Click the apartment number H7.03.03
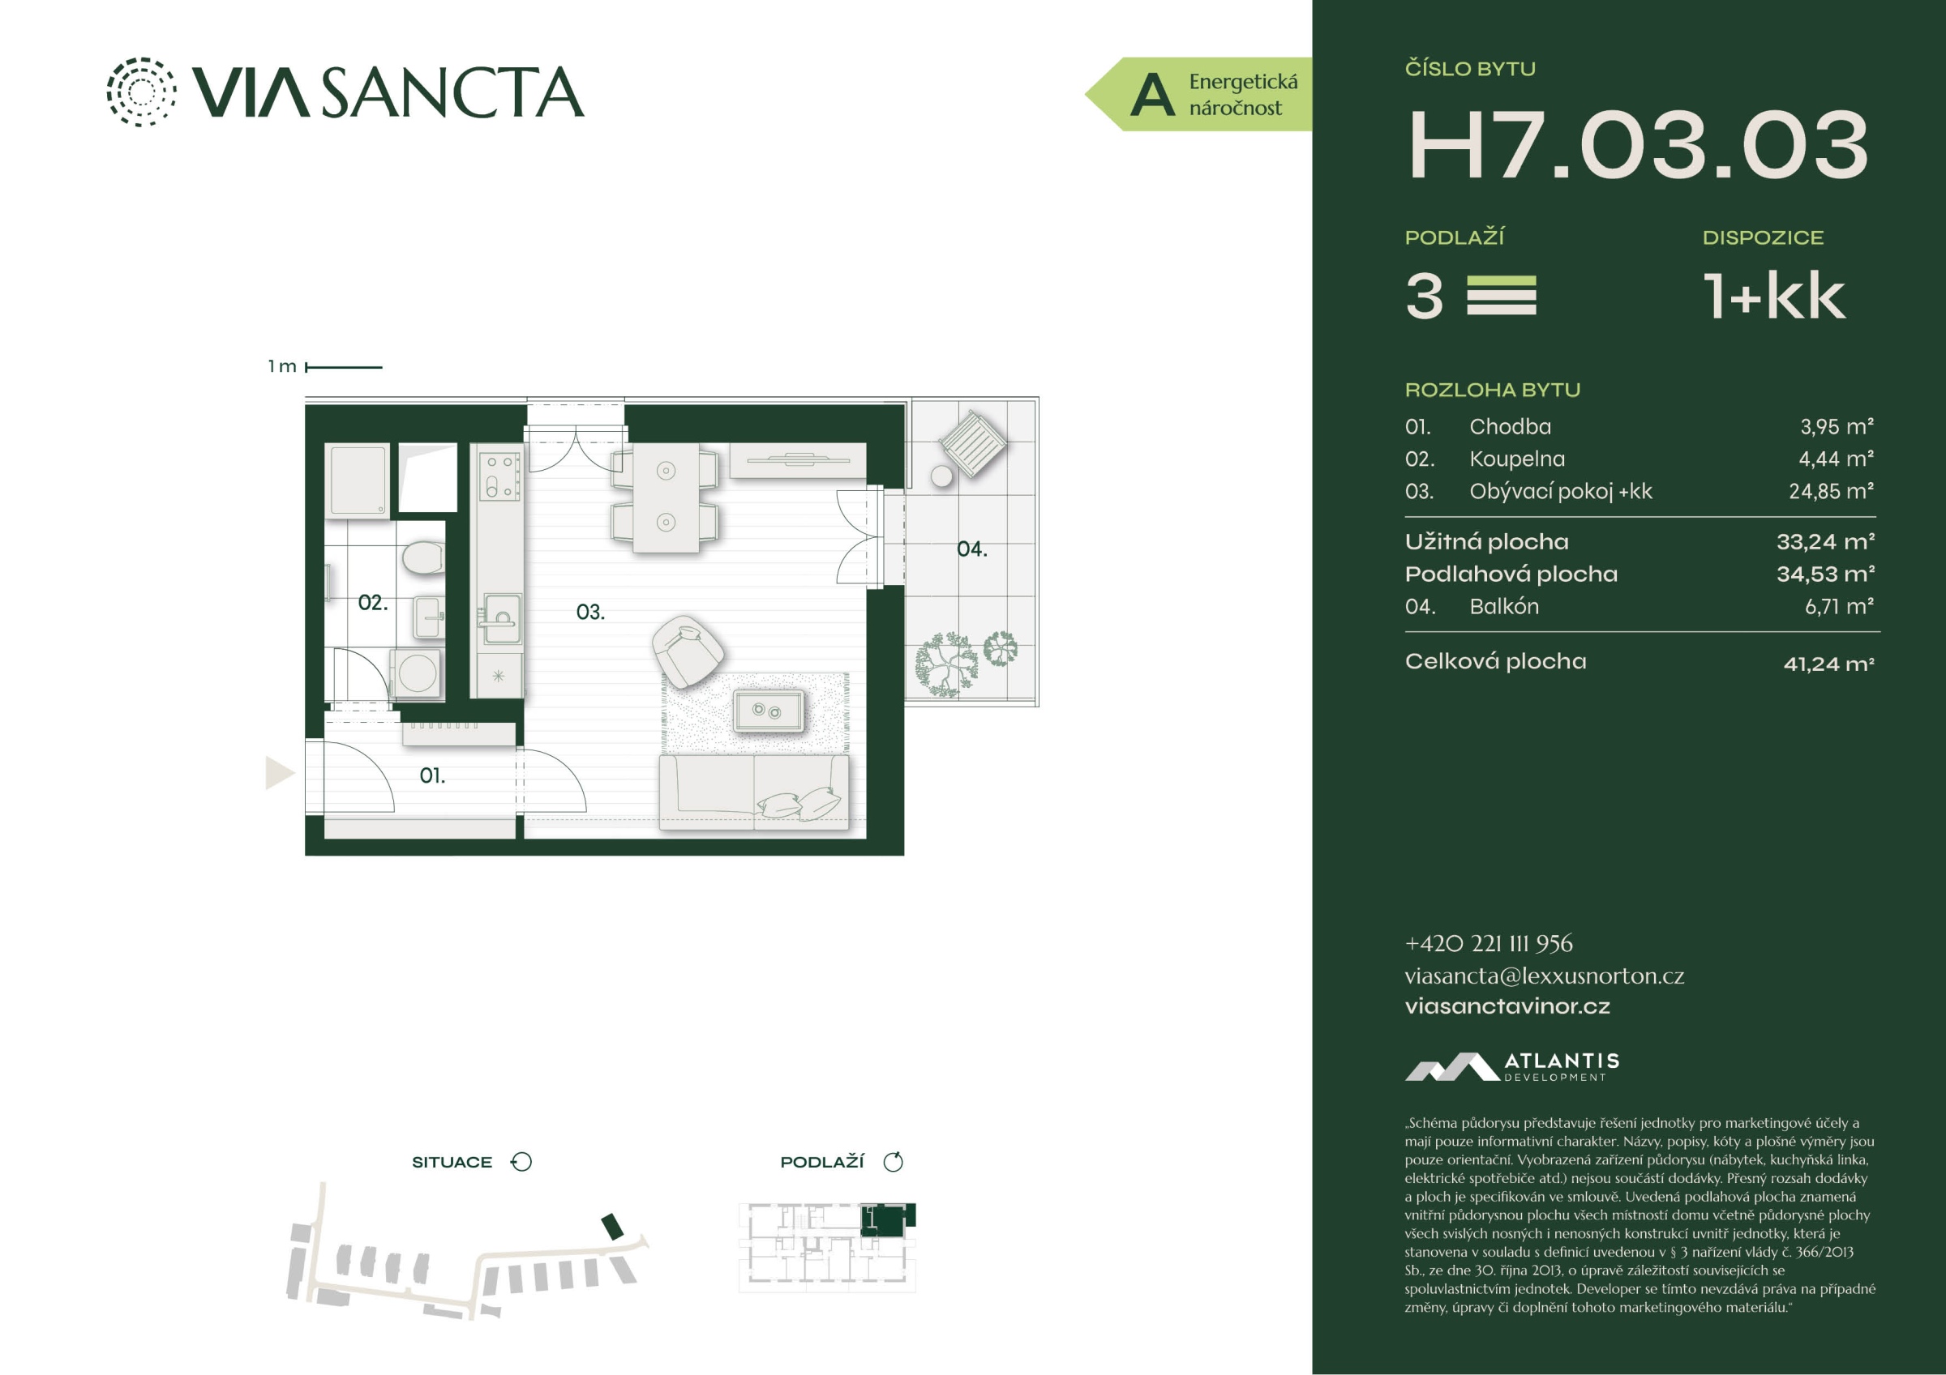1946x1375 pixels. click(1638, 145)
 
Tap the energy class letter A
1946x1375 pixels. click(1153, 95)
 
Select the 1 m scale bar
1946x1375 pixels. click(343, 367)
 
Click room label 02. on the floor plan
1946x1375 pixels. click(373, 602)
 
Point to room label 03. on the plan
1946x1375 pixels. click(591, 612)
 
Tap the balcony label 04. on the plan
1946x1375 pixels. click(972, 549)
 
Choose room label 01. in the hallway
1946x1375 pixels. click(432, 775)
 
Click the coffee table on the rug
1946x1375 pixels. click(768, 710)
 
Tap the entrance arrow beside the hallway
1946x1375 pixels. click(280, 773)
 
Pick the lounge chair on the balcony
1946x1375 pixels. click(973, 442)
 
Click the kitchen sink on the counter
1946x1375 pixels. click(501, 611)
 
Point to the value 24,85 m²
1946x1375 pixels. click(1832, 491)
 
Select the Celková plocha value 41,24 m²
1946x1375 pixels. click(1829, 664)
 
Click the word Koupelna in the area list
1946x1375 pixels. click(1517, 459)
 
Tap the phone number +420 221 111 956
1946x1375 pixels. click(1489, 944)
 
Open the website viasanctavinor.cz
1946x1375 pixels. click(1508, 1006)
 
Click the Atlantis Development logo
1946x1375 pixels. click(1512, 1066)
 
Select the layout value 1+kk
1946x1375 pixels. click(1774, 297)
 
